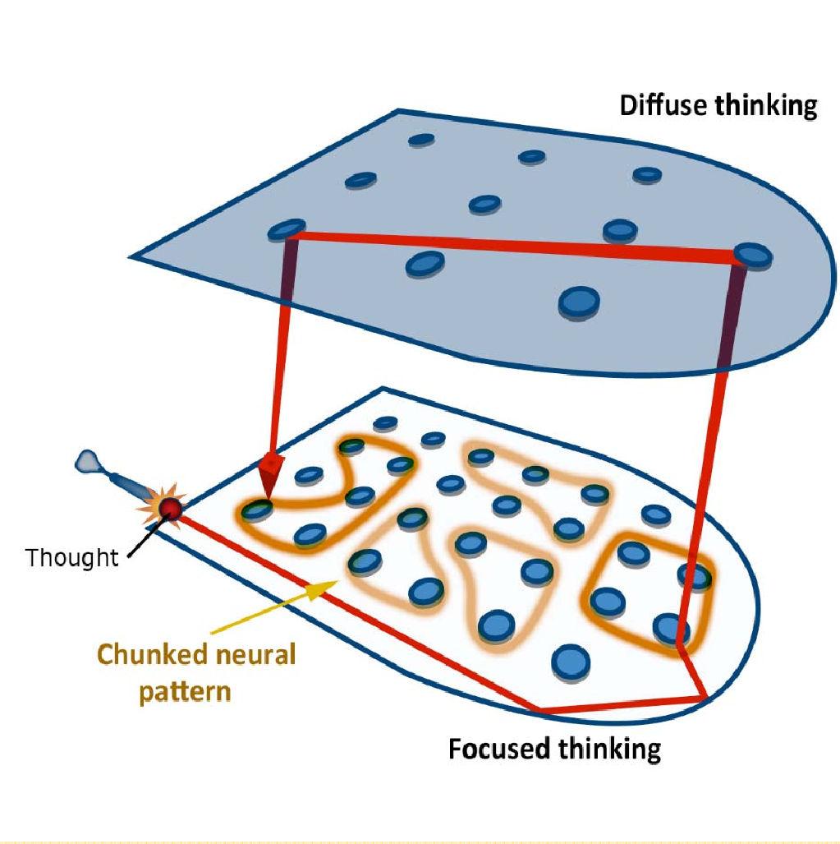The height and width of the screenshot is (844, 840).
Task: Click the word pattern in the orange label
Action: tap(185, 690)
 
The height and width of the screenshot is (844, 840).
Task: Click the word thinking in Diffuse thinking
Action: tap(767, 106)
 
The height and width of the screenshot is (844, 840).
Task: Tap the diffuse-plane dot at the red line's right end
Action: tap(752, 256)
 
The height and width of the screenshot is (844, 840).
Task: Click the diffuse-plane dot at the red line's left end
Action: tap(287, 229)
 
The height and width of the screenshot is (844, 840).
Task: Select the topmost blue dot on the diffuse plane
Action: tap(421, 141)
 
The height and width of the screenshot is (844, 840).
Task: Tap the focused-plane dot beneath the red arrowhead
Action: tap(257, 510)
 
